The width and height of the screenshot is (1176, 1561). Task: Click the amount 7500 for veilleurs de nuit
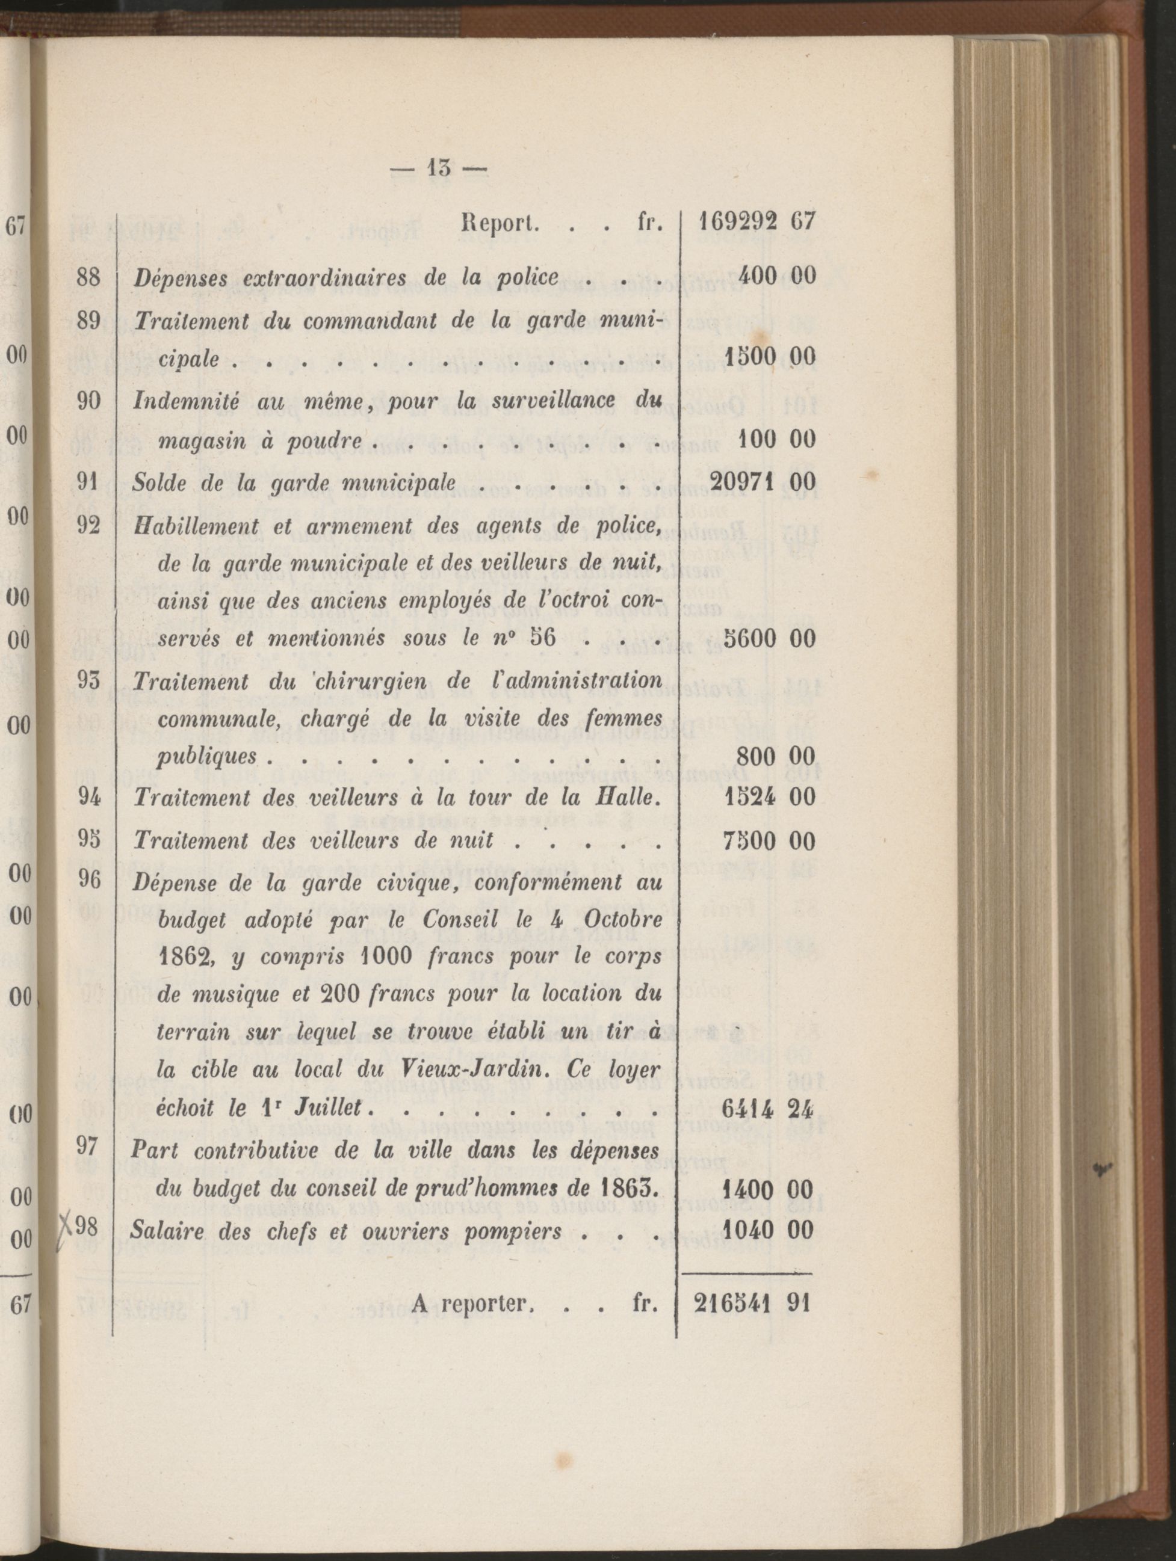[x=750, y=840]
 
